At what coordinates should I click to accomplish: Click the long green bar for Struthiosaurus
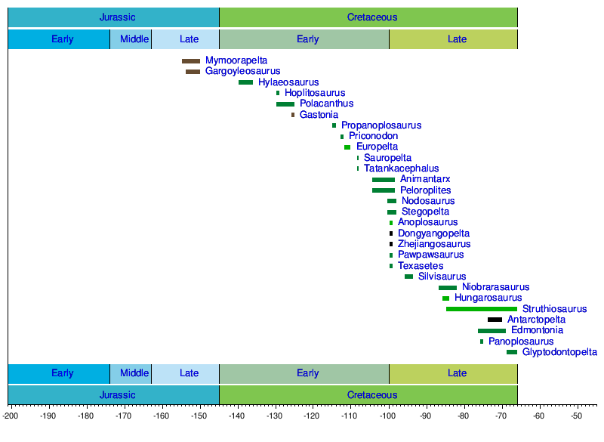click(x=482, y=309)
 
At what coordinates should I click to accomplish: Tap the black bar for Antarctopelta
click(x=495, y=320)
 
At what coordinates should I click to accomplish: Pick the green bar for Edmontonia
click(x=492, y=331)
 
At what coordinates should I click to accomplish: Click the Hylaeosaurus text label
click(x=288, y=82)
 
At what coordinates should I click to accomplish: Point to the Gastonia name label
click(x=319, y=115)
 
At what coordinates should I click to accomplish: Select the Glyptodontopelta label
click(x=559, y=352)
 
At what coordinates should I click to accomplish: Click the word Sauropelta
click(x=387, y=158)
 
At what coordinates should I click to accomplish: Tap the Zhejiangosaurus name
click(x=434, y=244)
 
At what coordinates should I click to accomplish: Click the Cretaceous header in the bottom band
click(x=372, y=394)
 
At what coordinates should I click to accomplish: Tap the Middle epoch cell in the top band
click(x=134, y=39)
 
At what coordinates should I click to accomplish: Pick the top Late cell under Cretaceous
click(x=457, y=39)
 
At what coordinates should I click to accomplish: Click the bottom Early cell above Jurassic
click(x=63, y=373)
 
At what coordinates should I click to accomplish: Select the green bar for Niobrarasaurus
click(x=448, y=288)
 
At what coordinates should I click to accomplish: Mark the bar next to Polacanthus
click(x=285, y=104)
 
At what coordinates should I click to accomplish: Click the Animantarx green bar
click(x=384, y=180)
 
